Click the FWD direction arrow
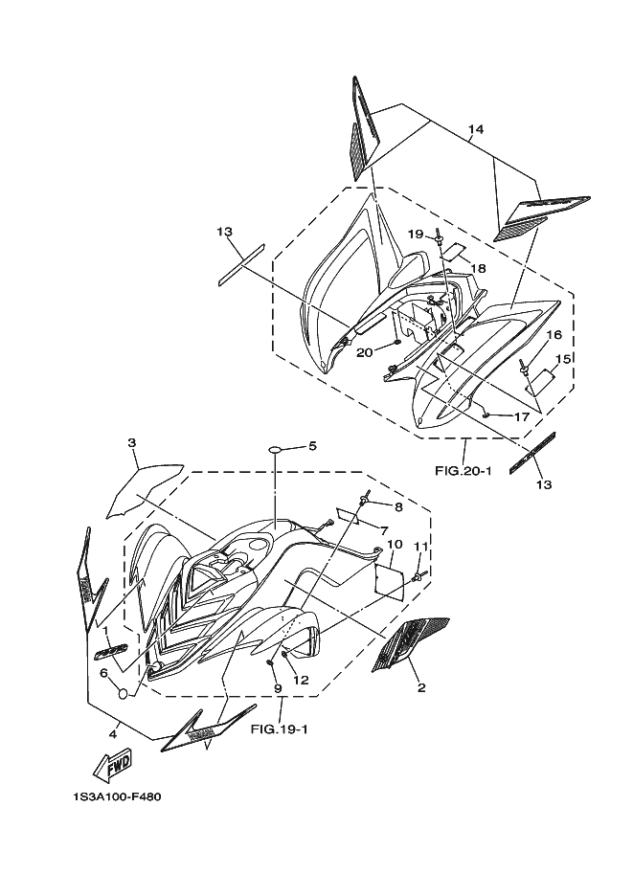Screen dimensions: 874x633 coord(112,765)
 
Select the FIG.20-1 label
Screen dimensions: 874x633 coord(463,470)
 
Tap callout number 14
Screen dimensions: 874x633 coord(476,129)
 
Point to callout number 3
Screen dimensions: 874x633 coord(133,442)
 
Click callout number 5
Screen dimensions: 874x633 coord(311,446)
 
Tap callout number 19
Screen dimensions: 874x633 coord(415,234)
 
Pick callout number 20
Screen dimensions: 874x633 coord(364,352)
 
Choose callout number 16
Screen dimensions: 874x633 coord(554,335)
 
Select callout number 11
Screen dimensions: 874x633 coord(418,547)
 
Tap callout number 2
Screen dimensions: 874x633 coord(420,686)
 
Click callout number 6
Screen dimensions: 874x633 coord(102,673)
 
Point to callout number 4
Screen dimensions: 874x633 coord(112,734)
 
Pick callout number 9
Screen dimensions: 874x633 coord(277,687)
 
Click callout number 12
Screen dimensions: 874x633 coord(301,681)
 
